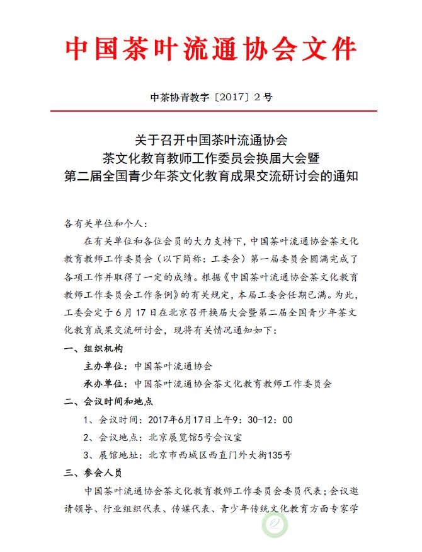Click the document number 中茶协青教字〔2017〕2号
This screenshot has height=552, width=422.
[x=211, y=98]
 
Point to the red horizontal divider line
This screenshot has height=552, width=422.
[x=211, y=111]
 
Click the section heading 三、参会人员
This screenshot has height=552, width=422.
[x=93, y=472]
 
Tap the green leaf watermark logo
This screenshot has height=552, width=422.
[x=274, y=525]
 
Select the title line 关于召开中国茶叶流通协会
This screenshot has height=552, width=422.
[x=211, y=138]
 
